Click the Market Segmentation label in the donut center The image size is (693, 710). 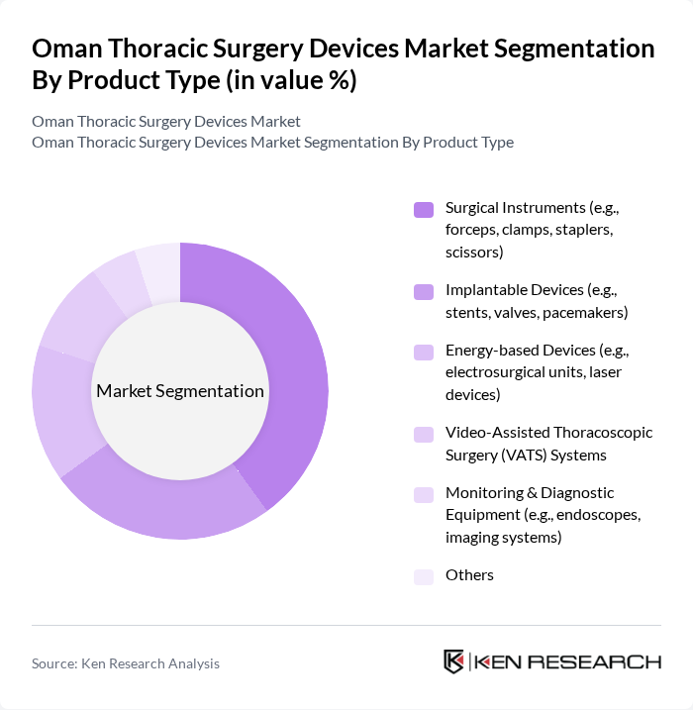[180, 391]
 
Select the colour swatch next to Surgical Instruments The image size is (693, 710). [424, 209]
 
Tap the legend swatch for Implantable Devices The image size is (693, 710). [424, 291]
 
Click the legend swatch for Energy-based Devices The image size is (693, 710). [424, 352]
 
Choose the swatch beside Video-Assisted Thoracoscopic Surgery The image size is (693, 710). [424, 434]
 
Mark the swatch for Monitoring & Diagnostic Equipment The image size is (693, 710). [424, 494]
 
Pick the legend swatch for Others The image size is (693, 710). [424, 576]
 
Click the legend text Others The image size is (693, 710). [469, 575]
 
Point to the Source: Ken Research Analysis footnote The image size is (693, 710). [126, 663]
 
